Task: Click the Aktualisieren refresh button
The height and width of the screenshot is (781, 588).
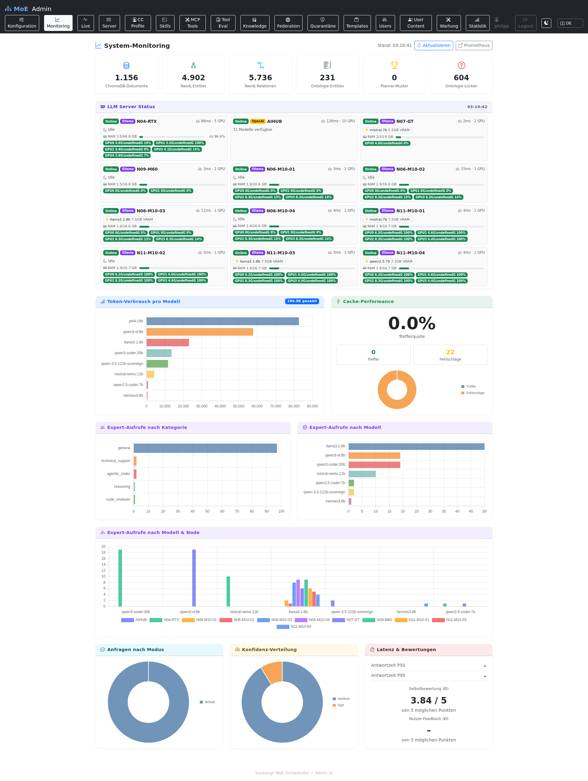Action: tap(433, 46)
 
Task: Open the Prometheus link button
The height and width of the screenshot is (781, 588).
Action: tap(474, 46)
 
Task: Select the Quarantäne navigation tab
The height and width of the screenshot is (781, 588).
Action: tap(322, 23)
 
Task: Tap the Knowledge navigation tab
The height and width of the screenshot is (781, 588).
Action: tap(254, 23)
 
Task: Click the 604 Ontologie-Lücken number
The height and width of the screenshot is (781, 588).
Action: tap(461, 78)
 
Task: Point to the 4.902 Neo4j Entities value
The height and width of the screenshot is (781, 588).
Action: tap(194, 78)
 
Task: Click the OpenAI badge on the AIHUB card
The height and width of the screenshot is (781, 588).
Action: tap(258, 121)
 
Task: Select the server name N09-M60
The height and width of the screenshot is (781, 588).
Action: tap(147, 169)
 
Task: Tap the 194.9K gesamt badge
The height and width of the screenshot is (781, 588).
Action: tap(302, 301)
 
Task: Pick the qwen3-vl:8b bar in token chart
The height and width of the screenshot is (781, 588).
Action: tap(199, 332)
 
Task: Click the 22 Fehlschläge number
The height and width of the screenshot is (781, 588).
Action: tap(450, 352)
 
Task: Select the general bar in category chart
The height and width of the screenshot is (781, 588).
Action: tap(205, 448)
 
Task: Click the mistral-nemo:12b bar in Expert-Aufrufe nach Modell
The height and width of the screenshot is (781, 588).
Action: tap(362, 474)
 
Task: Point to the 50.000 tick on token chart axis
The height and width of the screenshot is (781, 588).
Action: tap(239, 406)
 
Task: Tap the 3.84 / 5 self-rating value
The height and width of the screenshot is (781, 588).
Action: tap(428, 700)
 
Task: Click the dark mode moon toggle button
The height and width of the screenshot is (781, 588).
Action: tap(546, 23)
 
